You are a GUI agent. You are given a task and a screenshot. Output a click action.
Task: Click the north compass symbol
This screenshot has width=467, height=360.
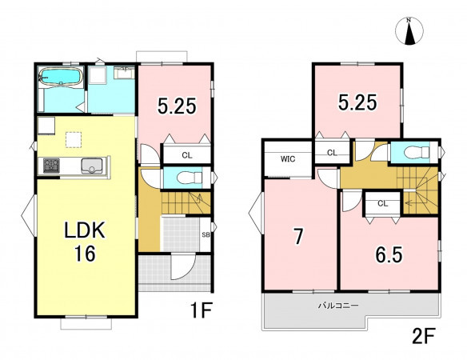coord(409,31)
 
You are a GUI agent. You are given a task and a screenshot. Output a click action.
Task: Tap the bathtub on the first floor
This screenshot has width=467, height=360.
coord(61,77)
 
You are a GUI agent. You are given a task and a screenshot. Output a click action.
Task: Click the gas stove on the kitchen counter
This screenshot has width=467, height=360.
coord(51,166)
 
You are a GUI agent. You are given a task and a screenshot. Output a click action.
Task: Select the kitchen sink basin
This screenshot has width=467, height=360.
coord(92,166)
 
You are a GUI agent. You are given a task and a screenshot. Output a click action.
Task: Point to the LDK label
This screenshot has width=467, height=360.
coord(85,230)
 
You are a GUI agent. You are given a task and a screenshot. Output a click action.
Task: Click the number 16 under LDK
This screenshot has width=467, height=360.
coord(85,254)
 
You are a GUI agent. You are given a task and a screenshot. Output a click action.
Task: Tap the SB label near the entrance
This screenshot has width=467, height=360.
coord(206,235)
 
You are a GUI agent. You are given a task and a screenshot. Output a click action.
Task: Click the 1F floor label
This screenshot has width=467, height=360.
coord(201,310)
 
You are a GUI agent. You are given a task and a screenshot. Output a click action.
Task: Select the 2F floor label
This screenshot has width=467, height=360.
coord(424,336)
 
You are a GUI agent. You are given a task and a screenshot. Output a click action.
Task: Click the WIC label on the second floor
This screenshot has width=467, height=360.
coord(288,159)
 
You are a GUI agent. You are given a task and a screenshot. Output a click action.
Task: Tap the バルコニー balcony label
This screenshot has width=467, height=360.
coord(338,306)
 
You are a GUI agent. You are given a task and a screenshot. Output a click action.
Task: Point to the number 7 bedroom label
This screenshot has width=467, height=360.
coord(298,237)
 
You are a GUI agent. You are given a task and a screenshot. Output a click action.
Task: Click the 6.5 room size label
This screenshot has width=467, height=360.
coord(389,255)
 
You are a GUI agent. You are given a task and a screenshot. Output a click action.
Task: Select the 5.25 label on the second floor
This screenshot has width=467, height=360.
coord(357,102)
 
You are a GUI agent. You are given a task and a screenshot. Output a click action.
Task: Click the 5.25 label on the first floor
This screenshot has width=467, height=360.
coord(177,106)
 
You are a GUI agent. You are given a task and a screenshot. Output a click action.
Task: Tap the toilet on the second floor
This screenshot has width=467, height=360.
coord(416,152)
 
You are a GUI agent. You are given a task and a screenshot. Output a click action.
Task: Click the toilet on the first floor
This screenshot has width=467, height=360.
coord(190,178)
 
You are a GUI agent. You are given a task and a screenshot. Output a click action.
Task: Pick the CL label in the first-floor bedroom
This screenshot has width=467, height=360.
coord(187,155)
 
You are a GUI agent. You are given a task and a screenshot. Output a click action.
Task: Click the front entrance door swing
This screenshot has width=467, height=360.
coord(182,266)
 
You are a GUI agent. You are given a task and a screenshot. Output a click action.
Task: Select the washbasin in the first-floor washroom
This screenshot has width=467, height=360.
coord(124,73)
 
